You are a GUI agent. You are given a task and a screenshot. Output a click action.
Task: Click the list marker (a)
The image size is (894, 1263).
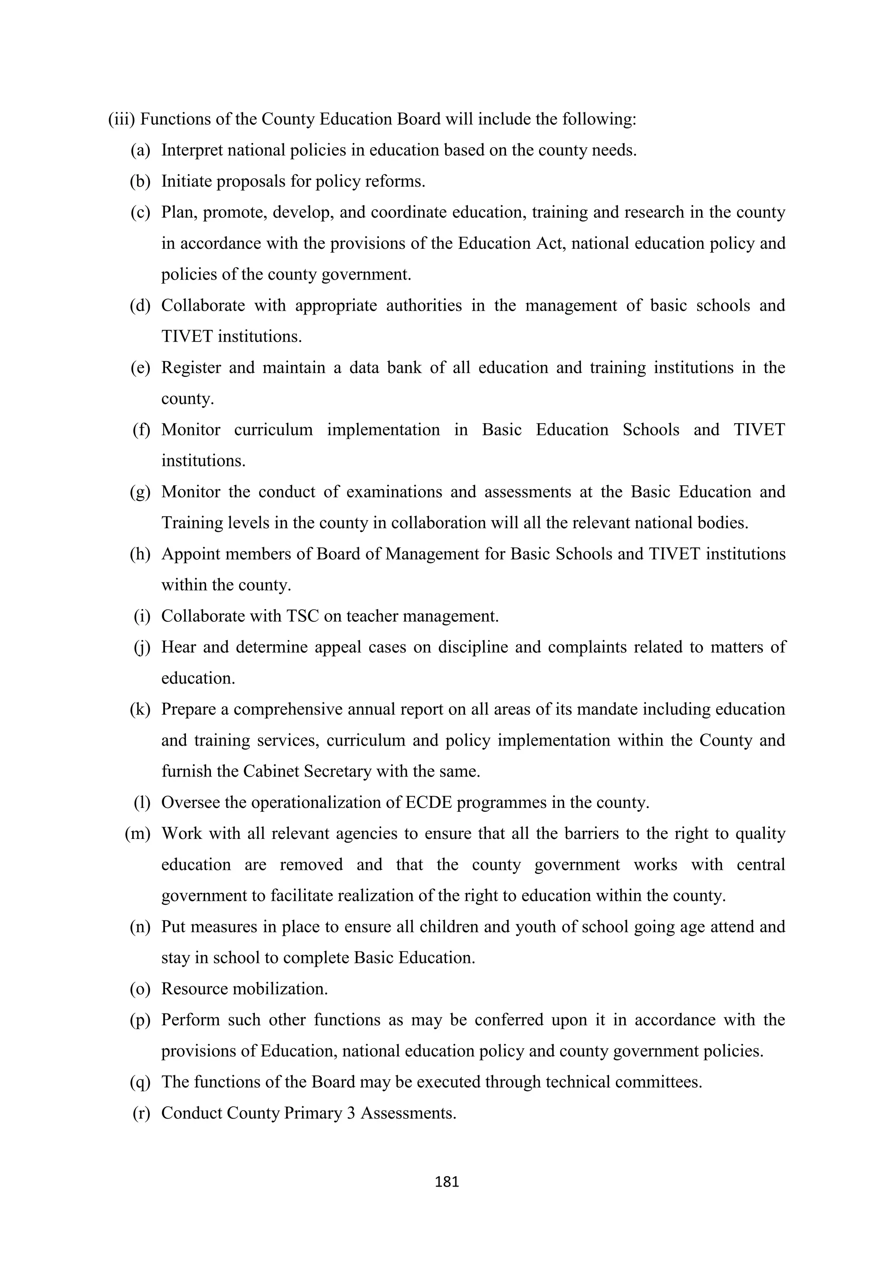click(141, 150)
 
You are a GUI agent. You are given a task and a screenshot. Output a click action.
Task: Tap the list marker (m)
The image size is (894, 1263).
click(138, 833)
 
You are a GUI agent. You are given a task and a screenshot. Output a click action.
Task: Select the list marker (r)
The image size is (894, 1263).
click(141, 1113)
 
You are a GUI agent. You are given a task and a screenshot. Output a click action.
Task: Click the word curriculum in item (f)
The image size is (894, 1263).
click(273, 430)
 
